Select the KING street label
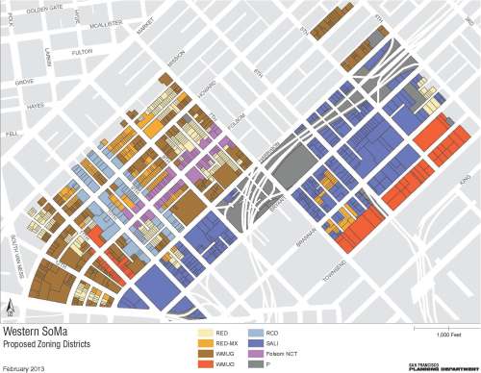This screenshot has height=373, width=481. pyautogui.click(x=462, y=178)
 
